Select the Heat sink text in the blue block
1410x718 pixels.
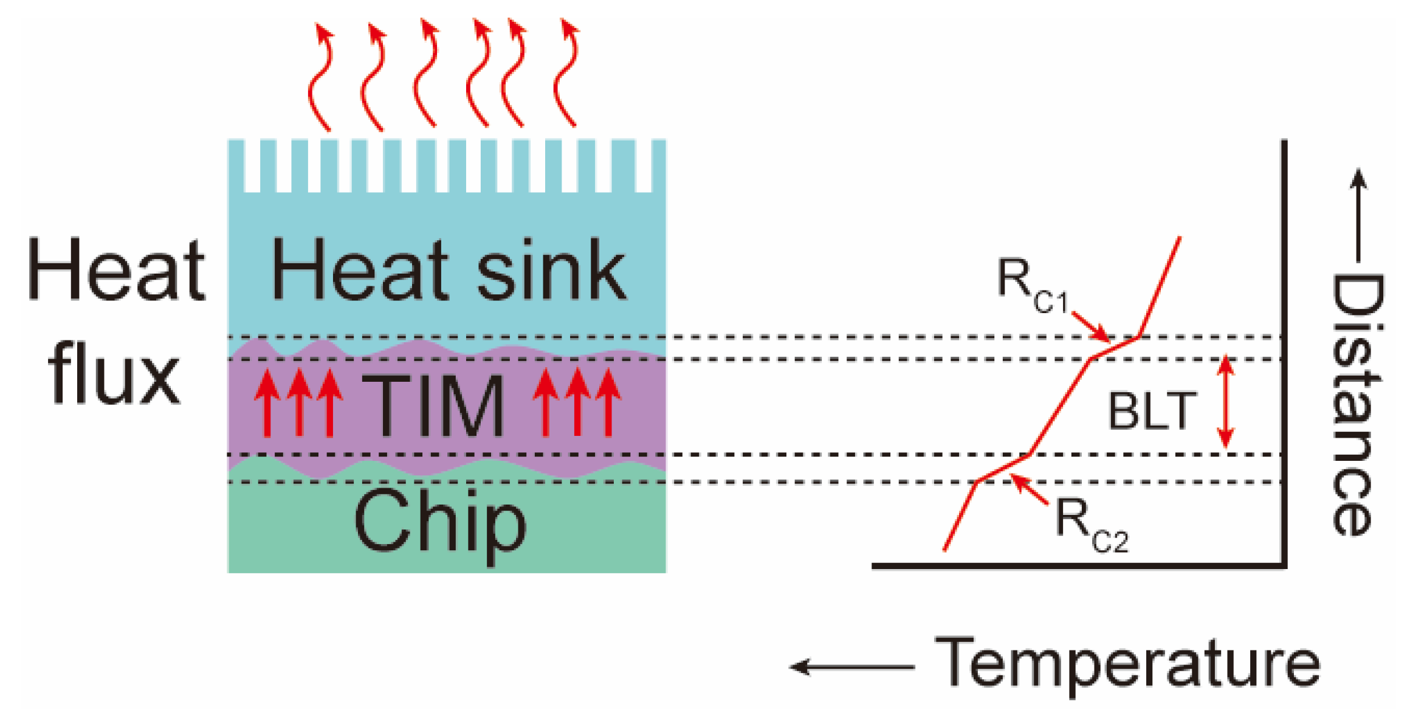coord(448,269)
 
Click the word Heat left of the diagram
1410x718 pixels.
coord(116,269)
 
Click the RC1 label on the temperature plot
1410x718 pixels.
coord(1031,285)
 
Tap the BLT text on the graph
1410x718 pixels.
coord(1152,412)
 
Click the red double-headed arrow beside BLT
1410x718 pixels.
coord(1225,401)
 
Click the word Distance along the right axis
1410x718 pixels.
coord(1357,404)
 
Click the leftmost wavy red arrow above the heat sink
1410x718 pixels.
coord(321,76)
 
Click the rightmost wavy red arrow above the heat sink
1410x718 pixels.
coord(566,73)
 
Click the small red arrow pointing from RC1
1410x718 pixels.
coord(1092,327)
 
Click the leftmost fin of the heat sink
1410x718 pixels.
coord(236,165)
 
